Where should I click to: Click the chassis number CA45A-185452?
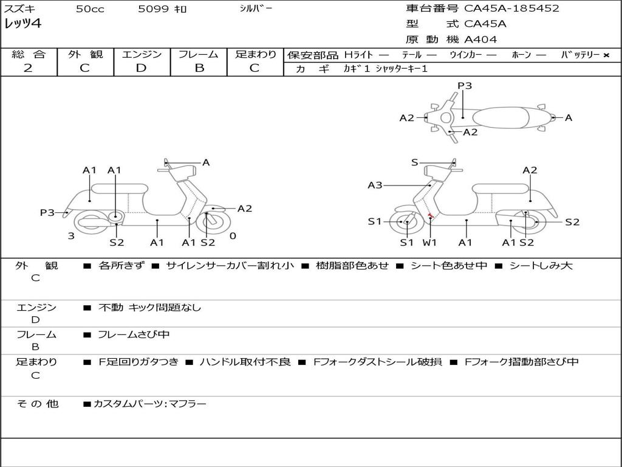point(511,9)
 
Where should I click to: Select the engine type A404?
point(480,40)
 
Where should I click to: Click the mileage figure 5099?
point(153,9)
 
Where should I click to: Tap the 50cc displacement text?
point(90,9)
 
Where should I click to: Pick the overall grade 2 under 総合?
point(28,68)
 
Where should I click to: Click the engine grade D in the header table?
point(141,68)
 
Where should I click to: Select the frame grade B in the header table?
point(199,68)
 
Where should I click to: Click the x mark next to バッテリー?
point(606,55)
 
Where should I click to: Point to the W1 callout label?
point(429,242)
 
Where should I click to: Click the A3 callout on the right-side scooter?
point(375,185)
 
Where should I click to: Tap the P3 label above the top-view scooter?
point(465,85)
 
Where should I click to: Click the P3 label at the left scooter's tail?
point(47,212)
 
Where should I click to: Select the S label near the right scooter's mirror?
point(414,162)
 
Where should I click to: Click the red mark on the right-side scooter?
point(430,215)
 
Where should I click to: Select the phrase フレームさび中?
point(134,334)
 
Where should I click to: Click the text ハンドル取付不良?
point(245,362)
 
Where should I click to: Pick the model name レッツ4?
point(22,24)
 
